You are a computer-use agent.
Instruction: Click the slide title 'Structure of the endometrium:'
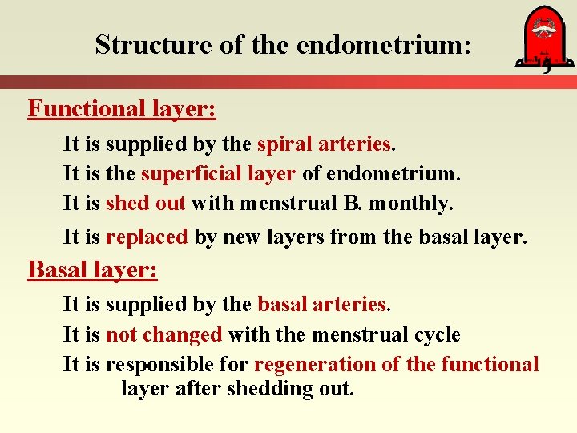pos(283,45)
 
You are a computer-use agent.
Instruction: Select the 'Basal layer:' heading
pos(92,269)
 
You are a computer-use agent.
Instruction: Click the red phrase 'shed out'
pos(145,204)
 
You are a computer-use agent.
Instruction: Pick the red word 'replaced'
pos(146,237)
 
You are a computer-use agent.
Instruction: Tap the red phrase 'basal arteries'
pos(321,305)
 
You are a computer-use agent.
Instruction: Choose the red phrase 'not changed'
pos(163,334)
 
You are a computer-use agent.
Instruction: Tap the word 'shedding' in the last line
pos(264,389)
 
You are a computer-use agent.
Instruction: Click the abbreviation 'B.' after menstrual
pos(352,204)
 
